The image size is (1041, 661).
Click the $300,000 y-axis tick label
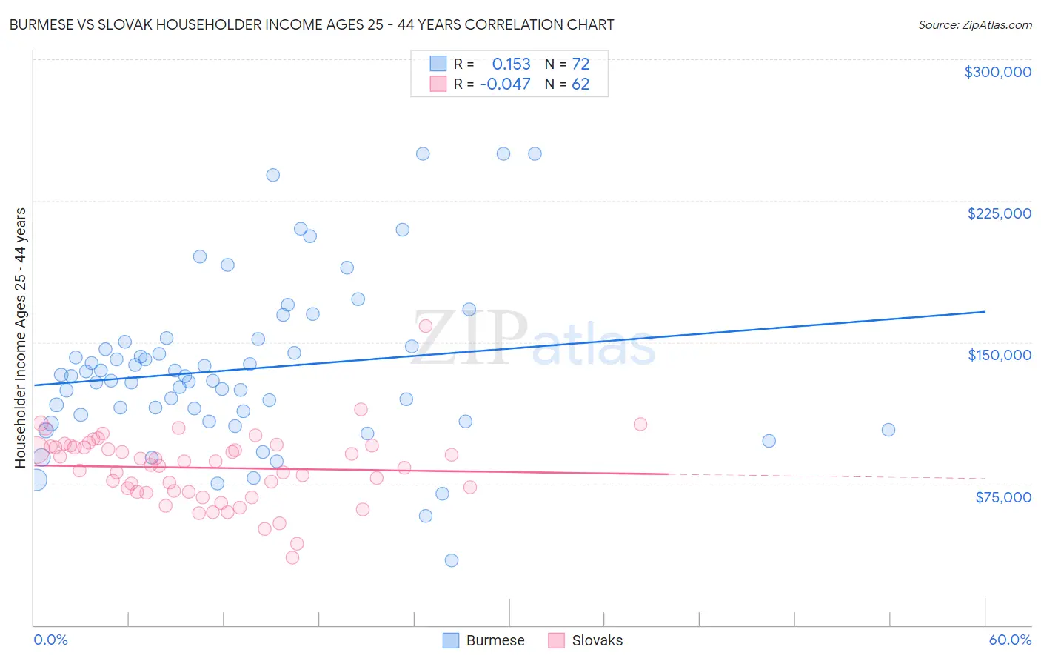tap(997, 72)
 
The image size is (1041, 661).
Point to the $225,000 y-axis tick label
tap(999, 213)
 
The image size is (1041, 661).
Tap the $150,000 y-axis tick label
tap(999, 355)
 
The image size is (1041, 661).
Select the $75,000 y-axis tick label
tap(1003, 497)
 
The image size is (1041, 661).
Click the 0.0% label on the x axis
tap(50, 640)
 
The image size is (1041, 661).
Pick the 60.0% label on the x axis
tap(1010, 640)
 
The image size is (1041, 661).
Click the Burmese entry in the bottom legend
tap(495, 640)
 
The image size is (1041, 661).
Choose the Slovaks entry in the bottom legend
tap(597, 640)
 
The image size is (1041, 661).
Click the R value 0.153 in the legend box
tap(511, 64)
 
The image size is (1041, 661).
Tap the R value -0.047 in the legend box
tap(505, 84)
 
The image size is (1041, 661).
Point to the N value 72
tap(580, 64)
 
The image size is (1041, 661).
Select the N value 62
tap(580, 84)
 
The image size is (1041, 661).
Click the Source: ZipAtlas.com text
tap(974, 25)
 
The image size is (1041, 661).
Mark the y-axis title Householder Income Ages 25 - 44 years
tap(21, 338)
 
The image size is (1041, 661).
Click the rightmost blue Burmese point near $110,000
tap(888, 430)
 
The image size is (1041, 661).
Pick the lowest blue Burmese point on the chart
tap(452, 560)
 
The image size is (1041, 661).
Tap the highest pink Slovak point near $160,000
tap(426, 326)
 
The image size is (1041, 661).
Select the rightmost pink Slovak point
tap(640, 424)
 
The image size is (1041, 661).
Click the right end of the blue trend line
tap(985, 312)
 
